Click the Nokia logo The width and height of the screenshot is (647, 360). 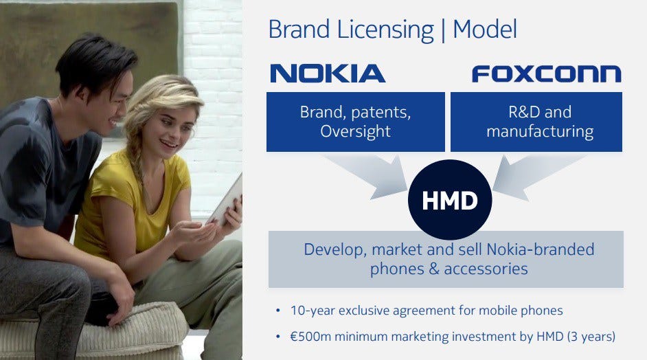pyautogui.click(x=328, y=74)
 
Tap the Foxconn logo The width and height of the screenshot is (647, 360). pyautogui.click(x=546, y=74)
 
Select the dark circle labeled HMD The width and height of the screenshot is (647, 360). pyautogui.click(x=450, y=200)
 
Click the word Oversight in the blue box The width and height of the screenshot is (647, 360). pyautogui.click(x=355, y=131)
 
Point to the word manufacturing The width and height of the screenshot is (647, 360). pyautogui.click(x=540, y=131)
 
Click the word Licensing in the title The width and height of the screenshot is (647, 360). pyautogui.click(x=385, y=30)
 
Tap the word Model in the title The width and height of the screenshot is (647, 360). pyautogui.click(x=485, y=30)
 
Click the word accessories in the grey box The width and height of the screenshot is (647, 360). pyautogui.click(x=486, y=269)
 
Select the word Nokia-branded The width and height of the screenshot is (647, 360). pyautogui.click(x=541, y=249)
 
